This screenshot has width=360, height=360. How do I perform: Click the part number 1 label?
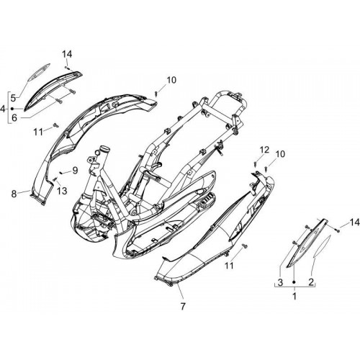pos(294,296)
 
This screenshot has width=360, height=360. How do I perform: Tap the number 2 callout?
pos(311,282)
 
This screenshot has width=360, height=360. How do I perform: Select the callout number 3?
pos(280,282)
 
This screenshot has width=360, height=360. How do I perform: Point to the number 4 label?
pos(4,109)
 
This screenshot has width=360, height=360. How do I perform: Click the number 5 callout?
pos(13,98)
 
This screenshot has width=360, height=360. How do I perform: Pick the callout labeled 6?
pos(14,117)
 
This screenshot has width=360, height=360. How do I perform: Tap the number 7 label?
pos(183,306)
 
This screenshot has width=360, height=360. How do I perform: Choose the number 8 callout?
pos(14,194)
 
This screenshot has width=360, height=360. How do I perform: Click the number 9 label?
pos(75,171)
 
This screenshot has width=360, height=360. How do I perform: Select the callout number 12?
pos(264,150)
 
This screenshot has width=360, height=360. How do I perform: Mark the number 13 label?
pos(62,191)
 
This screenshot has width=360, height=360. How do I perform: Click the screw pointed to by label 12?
pos(255,164)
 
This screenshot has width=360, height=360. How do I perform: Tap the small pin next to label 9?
pos(61,172)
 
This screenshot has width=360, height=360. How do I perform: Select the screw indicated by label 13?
pos(55,179)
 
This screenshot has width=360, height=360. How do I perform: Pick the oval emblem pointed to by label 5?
pos(38,72)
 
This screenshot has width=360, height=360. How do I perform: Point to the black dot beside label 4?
pos(12,109)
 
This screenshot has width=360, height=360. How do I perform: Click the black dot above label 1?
pos(294,282)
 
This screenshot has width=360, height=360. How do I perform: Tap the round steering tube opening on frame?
pos(105,148)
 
